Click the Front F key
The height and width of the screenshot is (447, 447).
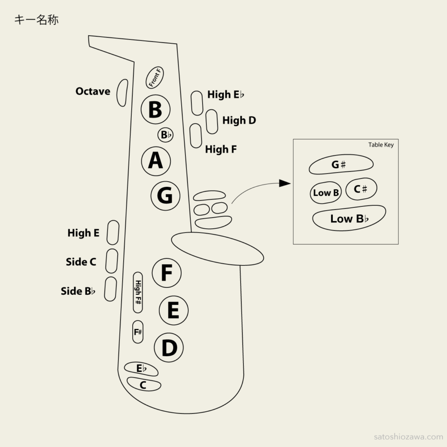tap(155, 78)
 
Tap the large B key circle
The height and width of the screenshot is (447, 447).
tap(155, 110)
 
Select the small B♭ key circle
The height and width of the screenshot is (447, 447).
tap(165, 135)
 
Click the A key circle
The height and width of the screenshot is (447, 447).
tap(155, 161)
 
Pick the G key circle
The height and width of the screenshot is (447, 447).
tap(165, 195)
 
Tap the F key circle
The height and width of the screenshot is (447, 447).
tap(166, 273)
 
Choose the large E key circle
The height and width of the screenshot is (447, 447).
tap(173, 311)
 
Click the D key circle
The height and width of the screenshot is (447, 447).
tap(169, 349)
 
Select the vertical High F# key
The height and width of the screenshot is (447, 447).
tap(138, 292)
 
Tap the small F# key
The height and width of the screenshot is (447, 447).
tap(138, 332)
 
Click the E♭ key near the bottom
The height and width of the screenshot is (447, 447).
tap(141, 369)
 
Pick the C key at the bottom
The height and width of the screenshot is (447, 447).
tap(144, 384)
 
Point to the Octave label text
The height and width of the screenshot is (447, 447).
tap(93, 91)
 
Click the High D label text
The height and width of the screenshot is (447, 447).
tap(239, 120)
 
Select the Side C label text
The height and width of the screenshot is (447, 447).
tap(81, 262)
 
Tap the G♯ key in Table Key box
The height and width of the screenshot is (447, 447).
tap(340, 165)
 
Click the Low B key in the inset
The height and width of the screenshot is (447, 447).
tap(326, 193)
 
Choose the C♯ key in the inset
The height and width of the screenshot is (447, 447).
tap(361, 189)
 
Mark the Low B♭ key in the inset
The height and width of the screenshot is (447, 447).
tap(349, 219)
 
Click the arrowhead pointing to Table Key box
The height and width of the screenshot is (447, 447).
tap(285, 184)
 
